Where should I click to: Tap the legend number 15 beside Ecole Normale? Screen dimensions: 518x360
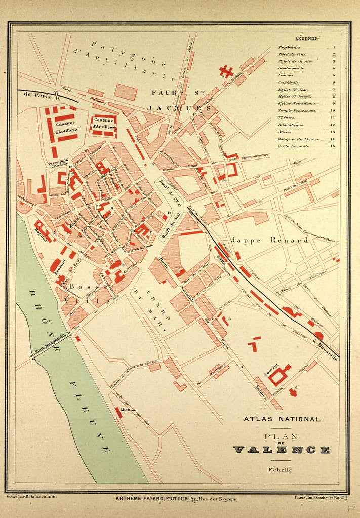coord(333,146)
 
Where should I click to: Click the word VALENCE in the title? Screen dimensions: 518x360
coord(282,450)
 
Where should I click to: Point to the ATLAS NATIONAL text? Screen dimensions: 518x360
coord(282,419)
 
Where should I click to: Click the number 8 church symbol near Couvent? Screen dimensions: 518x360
coord(292,391)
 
